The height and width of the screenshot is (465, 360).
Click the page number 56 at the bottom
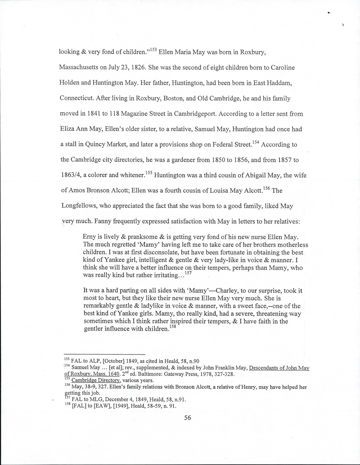click(x=188, y=418)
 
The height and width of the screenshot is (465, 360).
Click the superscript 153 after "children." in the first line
click(x=153, y=49)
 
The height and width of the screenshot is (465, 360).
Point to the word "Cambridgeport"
click(x=194, y=114)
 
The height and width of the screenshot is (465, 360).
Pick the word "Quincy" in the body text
click(x=96, y=144)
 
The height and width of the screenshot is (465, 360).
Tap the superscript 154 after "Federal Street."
click(x=256, y=142)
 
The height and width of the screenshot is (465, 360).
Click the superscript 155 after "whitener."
click(x=148, y=173)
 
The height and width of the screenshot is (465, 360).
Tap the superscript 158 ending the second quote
click(x=172, y=326)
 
